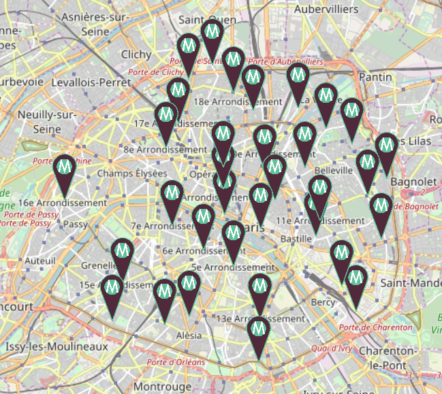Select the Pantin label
click(376, 77)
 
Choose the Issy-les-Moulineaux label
click(57, 347)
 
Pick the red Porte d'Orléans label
click(176, 362)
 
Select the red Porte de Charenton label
click(375, 327)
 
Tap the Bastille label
click(296, 240)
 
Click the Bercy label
click(323, 301)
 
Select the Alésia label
click(189, 335)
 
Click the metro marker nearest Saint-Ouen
click(212, 31)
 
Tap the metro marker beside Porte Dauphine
click(65, 167)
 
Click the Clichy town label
click(136, 54)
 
